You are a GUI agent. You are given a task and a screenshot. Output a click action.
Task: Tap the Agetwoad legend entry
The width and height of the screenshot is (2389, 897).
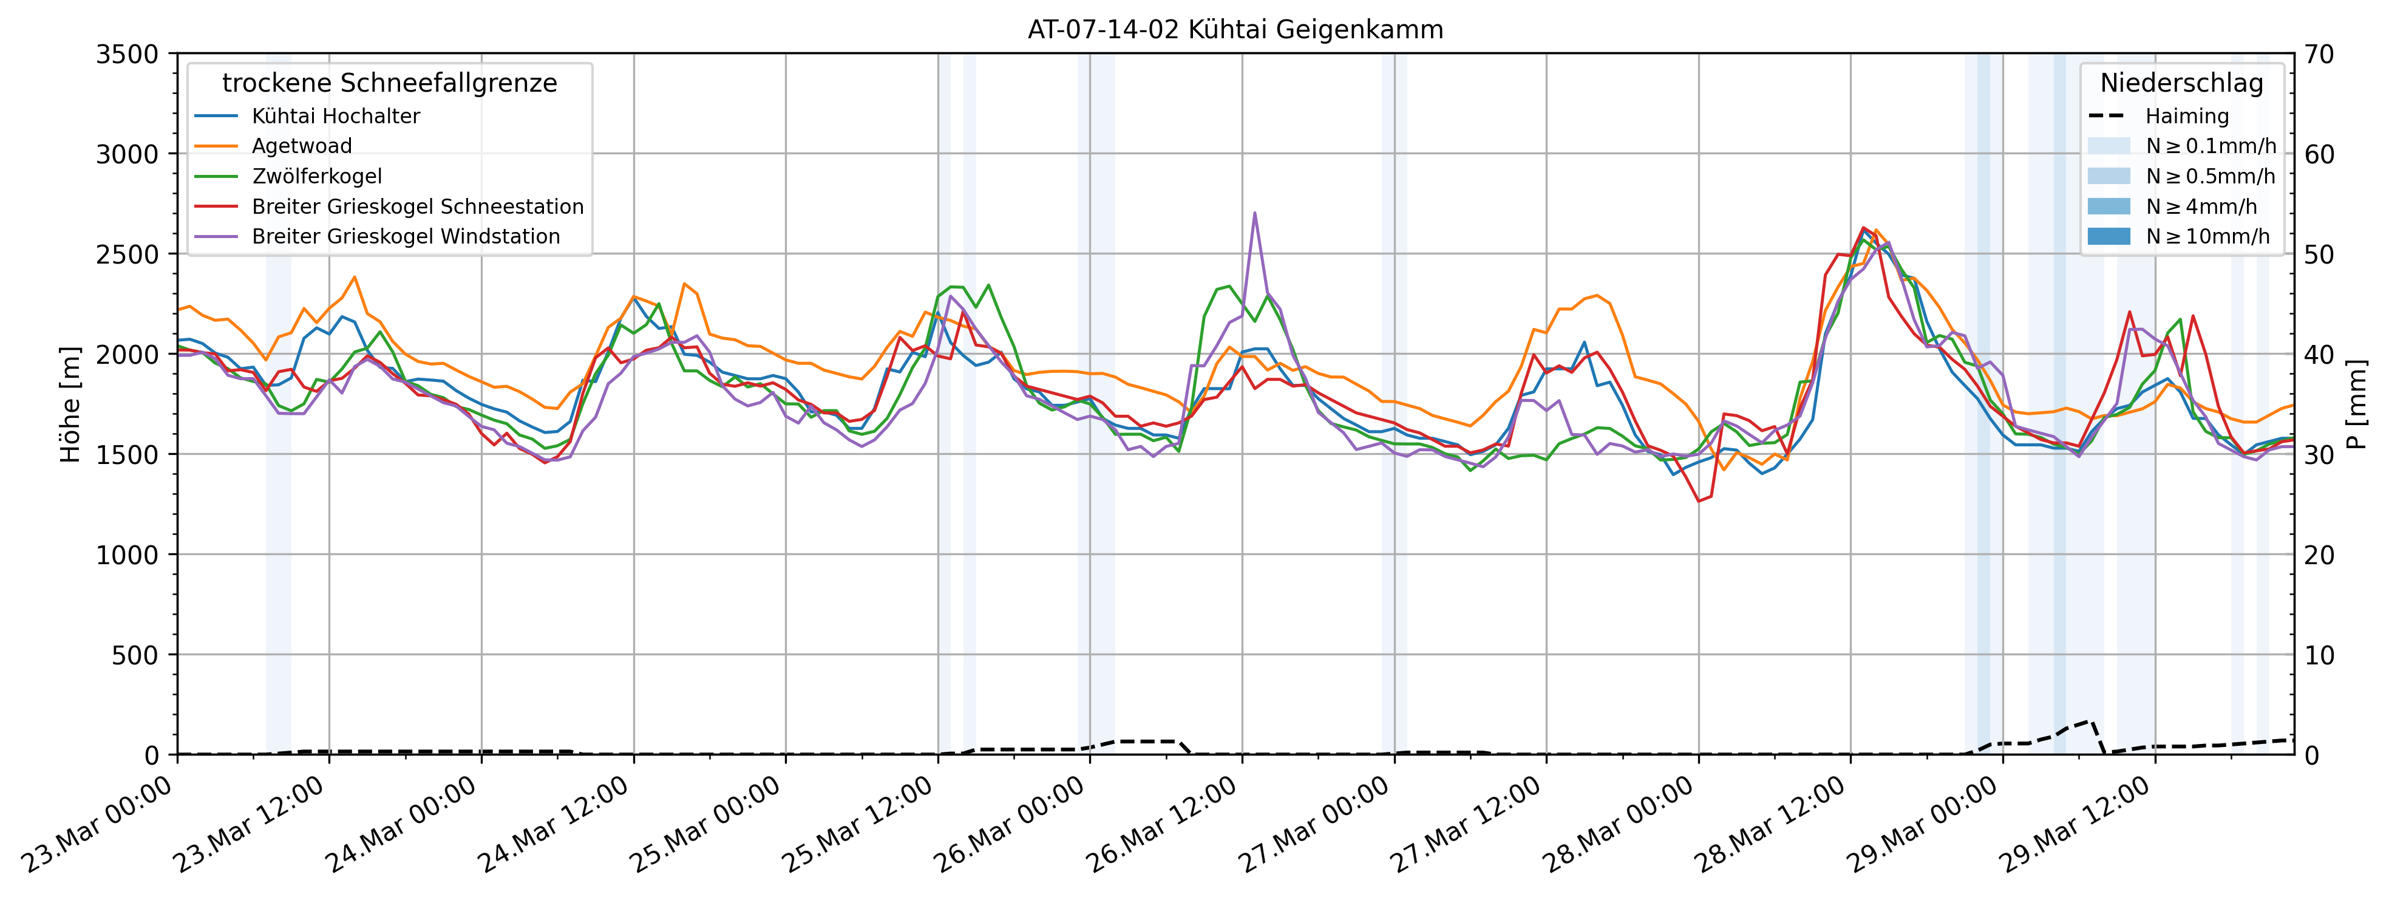pos(301,146)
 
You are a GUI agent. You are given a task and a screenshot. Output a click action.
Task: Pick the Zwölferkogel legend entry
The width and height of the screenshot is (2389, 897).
pos(316,176)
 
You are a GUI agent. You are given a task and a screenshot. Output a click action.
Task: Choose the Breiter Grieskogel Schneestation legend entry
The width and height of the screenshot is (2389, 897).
pos(417,207)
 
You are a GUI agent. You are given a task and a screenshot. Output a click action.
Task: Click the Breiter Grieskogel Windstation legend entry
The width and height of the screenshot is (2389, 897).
pos(406,236)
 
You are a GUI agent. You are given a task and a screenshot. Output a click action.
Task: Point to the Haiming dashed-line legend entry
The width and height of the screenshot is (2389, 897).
pos(2186,116)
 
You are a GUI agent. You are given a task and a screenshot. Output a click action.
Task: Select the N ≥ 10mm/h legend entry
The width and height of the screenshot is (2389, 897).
pos(2207,236)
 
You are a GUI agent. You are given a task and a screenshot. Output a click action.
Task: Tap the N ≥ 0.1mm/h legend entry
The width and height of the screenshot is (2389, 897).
pos(2210,146)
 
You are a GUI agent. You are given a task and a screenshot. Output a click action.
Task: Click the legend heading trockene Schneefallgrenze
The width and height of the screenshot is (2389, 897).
pos(390,83)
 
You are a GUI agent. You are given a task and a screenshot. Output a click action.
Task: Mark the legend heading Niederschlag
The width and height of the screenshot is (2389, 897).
pos(2181,83)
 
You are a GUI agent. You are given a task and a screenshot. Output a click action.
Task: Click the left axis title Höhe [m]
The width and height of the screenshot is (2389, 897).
pos(70,404)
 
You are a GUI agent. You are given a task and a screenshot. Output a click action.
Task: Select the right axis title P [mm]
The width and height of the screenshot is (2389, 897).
pos(2357,404)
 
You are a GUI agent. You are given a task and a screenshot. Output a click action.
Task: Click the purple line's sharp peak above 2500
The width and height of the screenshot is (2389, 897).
pos(1255,213)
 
